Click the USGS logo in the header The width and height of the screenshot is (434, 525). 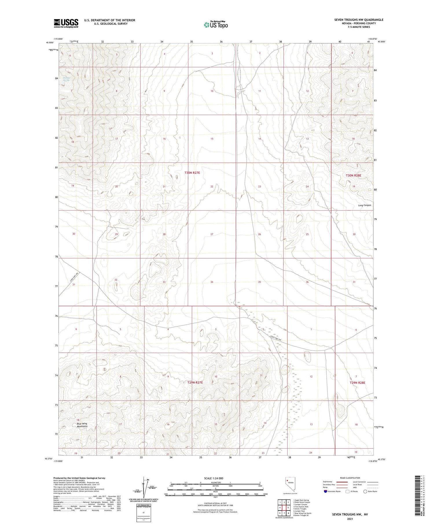click(x=66, y=23)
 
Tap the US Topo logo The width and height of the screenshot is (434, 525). click(x=216, y=25)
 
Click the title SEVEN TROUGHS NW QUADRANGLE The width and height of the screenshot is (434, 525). click(x=359, y=20)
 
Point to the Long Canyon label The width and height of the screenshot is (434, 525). click(x=364, y=205)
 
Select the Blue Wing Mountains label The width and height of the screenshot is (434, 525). click(x=82, y=425)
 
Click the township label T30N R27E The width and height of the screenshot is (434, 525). click(x=192, y=173)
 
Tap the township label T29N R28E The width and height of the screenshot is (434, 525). click(x=357, y=383)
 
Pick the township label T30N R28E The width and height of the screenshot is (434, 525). click(x=354, y=175)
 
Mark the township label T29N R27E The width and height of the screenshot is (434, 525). click(x=195, y=383)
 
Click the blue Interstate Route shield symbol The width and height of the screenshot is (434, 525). click(x=325, y=491)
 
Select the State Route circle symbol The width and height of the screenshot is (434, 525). click(x=365, y=491)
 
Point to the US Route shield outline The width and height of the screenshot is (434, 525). click(x=347, y=491)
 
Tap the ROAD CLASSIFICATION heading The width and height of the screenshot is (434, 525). click(x=350, y=478)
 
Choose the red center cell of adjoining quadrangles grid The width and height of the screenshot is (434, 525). click(x=288, y=507)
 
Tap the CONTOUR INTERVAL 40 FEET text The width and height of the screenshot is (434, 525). click(x=215, y=503)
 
